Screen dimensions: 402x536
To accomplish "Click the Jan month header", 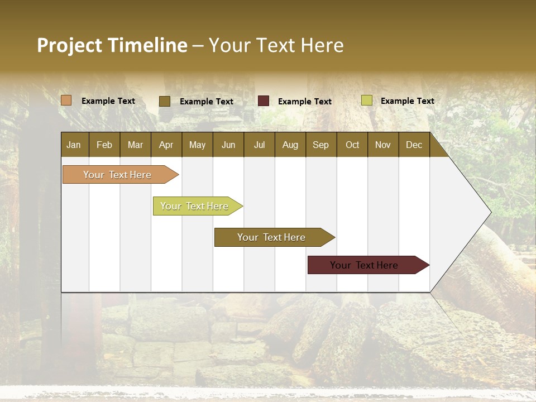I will coord(74,145).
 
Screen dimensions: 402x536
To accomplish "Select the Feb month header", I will coord(104,145).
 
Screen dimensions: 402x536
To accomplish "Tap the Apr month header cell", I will coord(166,145).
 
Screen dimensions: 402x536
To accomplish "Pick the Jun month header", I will coord(228,145).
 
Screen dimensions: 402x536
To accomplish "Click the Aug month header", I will coord(290,145).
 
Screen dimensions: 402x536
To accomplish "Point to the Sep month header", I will coord(320,145).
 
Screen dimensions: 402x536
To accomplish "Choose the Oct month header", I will coord(352,145).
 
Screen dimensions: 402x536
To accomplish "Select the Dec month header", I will coord(414,145).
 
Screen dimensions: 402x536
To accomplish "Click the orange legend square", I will coord(66,100).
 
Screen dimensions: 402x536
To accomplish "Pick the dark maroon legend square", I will coord(264,101).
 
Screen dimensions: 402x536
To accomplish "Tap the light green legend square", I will coord(366,100).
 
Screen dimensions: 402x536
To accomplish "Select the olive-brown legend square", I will coord(165,101).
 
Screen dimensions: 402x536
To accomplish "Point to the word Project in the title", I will coord(70,45).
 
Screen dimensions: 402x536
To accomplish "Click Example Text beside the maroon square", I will coord(304,102).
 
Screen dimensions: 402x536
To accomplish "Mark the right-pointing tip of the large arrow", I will coord(490,212).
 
